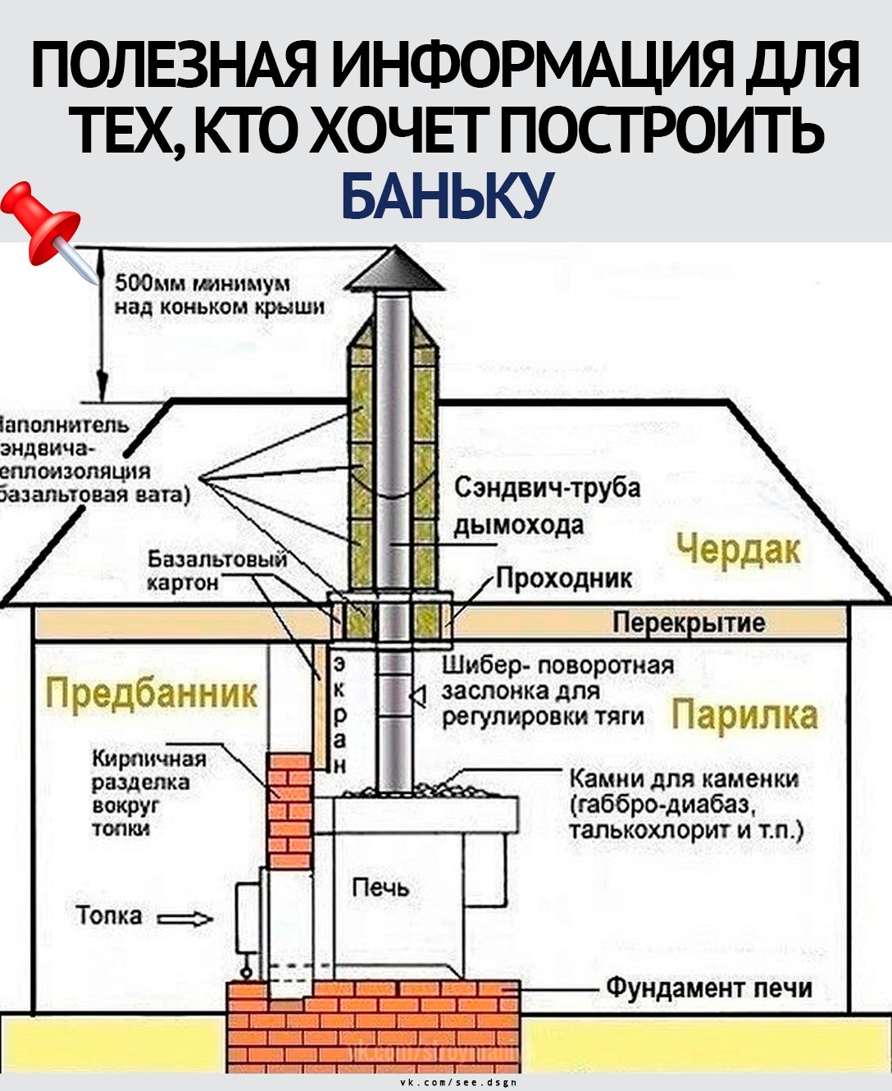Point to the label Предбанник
pyautogui.click(x=152, y=694)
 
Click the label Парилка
pyautogui.click(x=744, y=714)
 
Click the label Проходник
pyautogui.click(x=565, y=578)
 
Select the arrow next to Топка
pyautogui.click(x=184, y=919)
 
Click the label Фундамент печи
pyautogui.click(x=709, y=988)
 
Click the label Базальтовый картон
pyautogui.click(x=217, y=571)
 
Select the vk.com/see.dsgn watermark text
pyautogui.click(x=458, y=1084)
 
